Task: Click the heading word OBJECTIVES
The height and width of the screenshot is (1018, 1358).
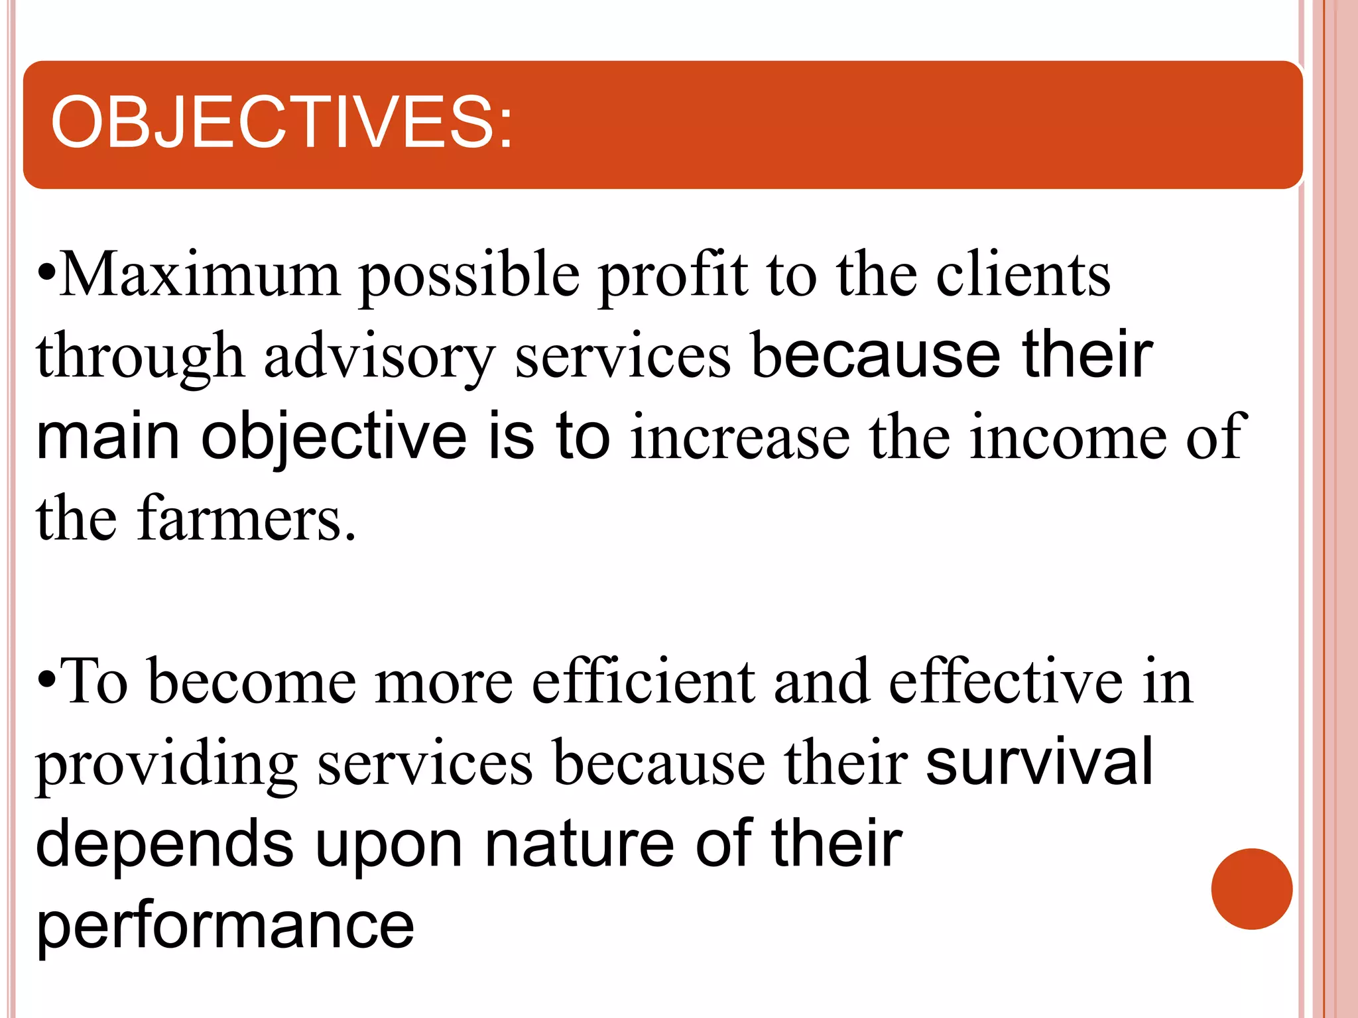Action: [x=282, y=123]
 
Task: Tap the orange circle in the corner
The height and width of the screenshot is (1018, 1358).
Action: [x=1251, y=889]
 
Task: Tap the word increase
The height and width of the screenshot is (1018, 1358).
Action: [x=740, y=437]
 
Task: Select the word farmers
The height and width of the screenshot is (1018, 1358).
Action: [x=247, y=519]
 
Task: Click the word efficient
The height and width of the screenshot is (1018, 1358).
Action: [x=643, y=682]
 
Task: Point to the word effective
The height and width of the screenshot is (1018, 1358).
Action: [x=1005, y=682]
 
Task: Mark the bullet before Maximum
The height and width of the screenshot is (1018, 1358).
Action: [x=47, y=272]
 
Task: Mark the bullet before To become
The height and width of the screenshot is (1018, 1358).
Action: [x=47, y=679]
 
